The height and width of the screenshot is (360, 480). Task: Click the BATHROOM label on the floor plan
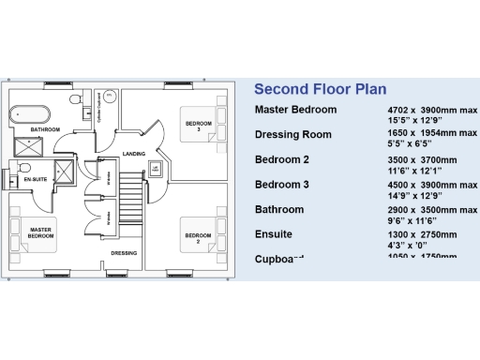[x=44, y=129]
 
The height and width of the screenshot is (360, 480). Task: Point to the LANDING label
[x=133, y=154]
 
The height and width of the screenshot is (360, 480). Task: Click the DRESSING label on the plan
[x=124, y=253]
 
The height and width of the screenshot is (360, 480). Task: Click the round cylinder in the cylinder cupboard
[x=109, y=95]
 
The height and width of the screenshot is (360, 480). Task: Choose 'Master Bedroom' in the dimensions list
[x=295, y=111]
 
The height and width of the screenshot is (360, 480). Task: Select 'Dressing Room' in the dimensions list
[x=293, y=135]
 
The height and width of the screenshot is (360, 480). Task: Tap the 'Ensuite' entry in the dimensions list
[x=275, y=234]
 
